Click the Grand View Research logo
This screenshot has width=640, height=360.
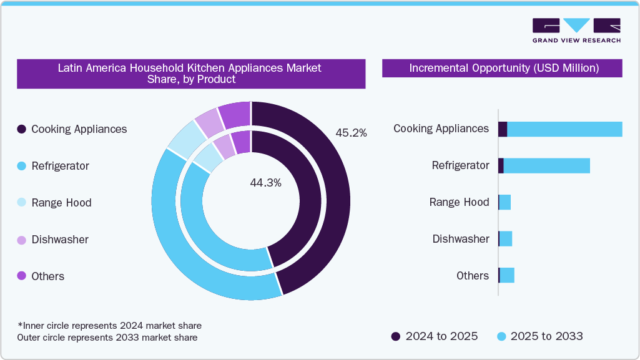click(576, 30)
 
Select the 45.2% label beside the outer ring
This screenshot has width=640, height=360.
click(351, 133)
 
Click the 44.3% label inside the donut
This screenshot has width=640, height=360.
click(265, 183)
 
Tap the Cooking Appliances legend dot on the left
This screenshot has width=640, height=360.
click(22, 129)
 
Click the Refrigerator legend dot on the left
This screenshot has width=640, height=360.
click(22, 166)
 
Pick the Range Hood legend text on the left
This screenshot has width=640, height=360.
click(61, 203)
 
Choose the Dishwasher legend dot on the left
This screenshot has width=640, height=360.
click(22, 240)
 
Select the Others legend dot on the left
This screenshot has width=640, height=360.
click(22, 276)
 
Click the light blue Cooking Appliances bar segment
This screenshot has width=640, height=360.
click(564, 129)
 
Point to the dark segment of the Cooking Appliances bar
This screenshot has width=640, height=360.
click(503, 129)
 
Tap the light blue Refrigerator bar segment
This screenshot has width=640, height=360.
click(546, 165)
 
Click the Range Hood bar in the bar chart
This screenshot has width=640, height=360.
click(505, 202)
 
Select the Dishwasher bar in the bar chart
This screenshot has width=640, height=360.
click(506, 239)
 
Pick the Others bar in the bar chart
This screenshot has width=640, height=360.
click(507, 275)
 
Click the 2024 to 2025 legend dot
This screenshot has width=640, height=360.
click(396, 337)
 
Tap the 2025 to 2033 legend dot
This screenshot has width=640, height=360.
click(501, 337)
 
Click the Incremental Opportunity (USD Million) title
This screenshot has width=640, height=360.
click(504, 68)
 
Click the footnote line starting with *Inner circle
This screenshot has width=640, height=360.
click(110, 326)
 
